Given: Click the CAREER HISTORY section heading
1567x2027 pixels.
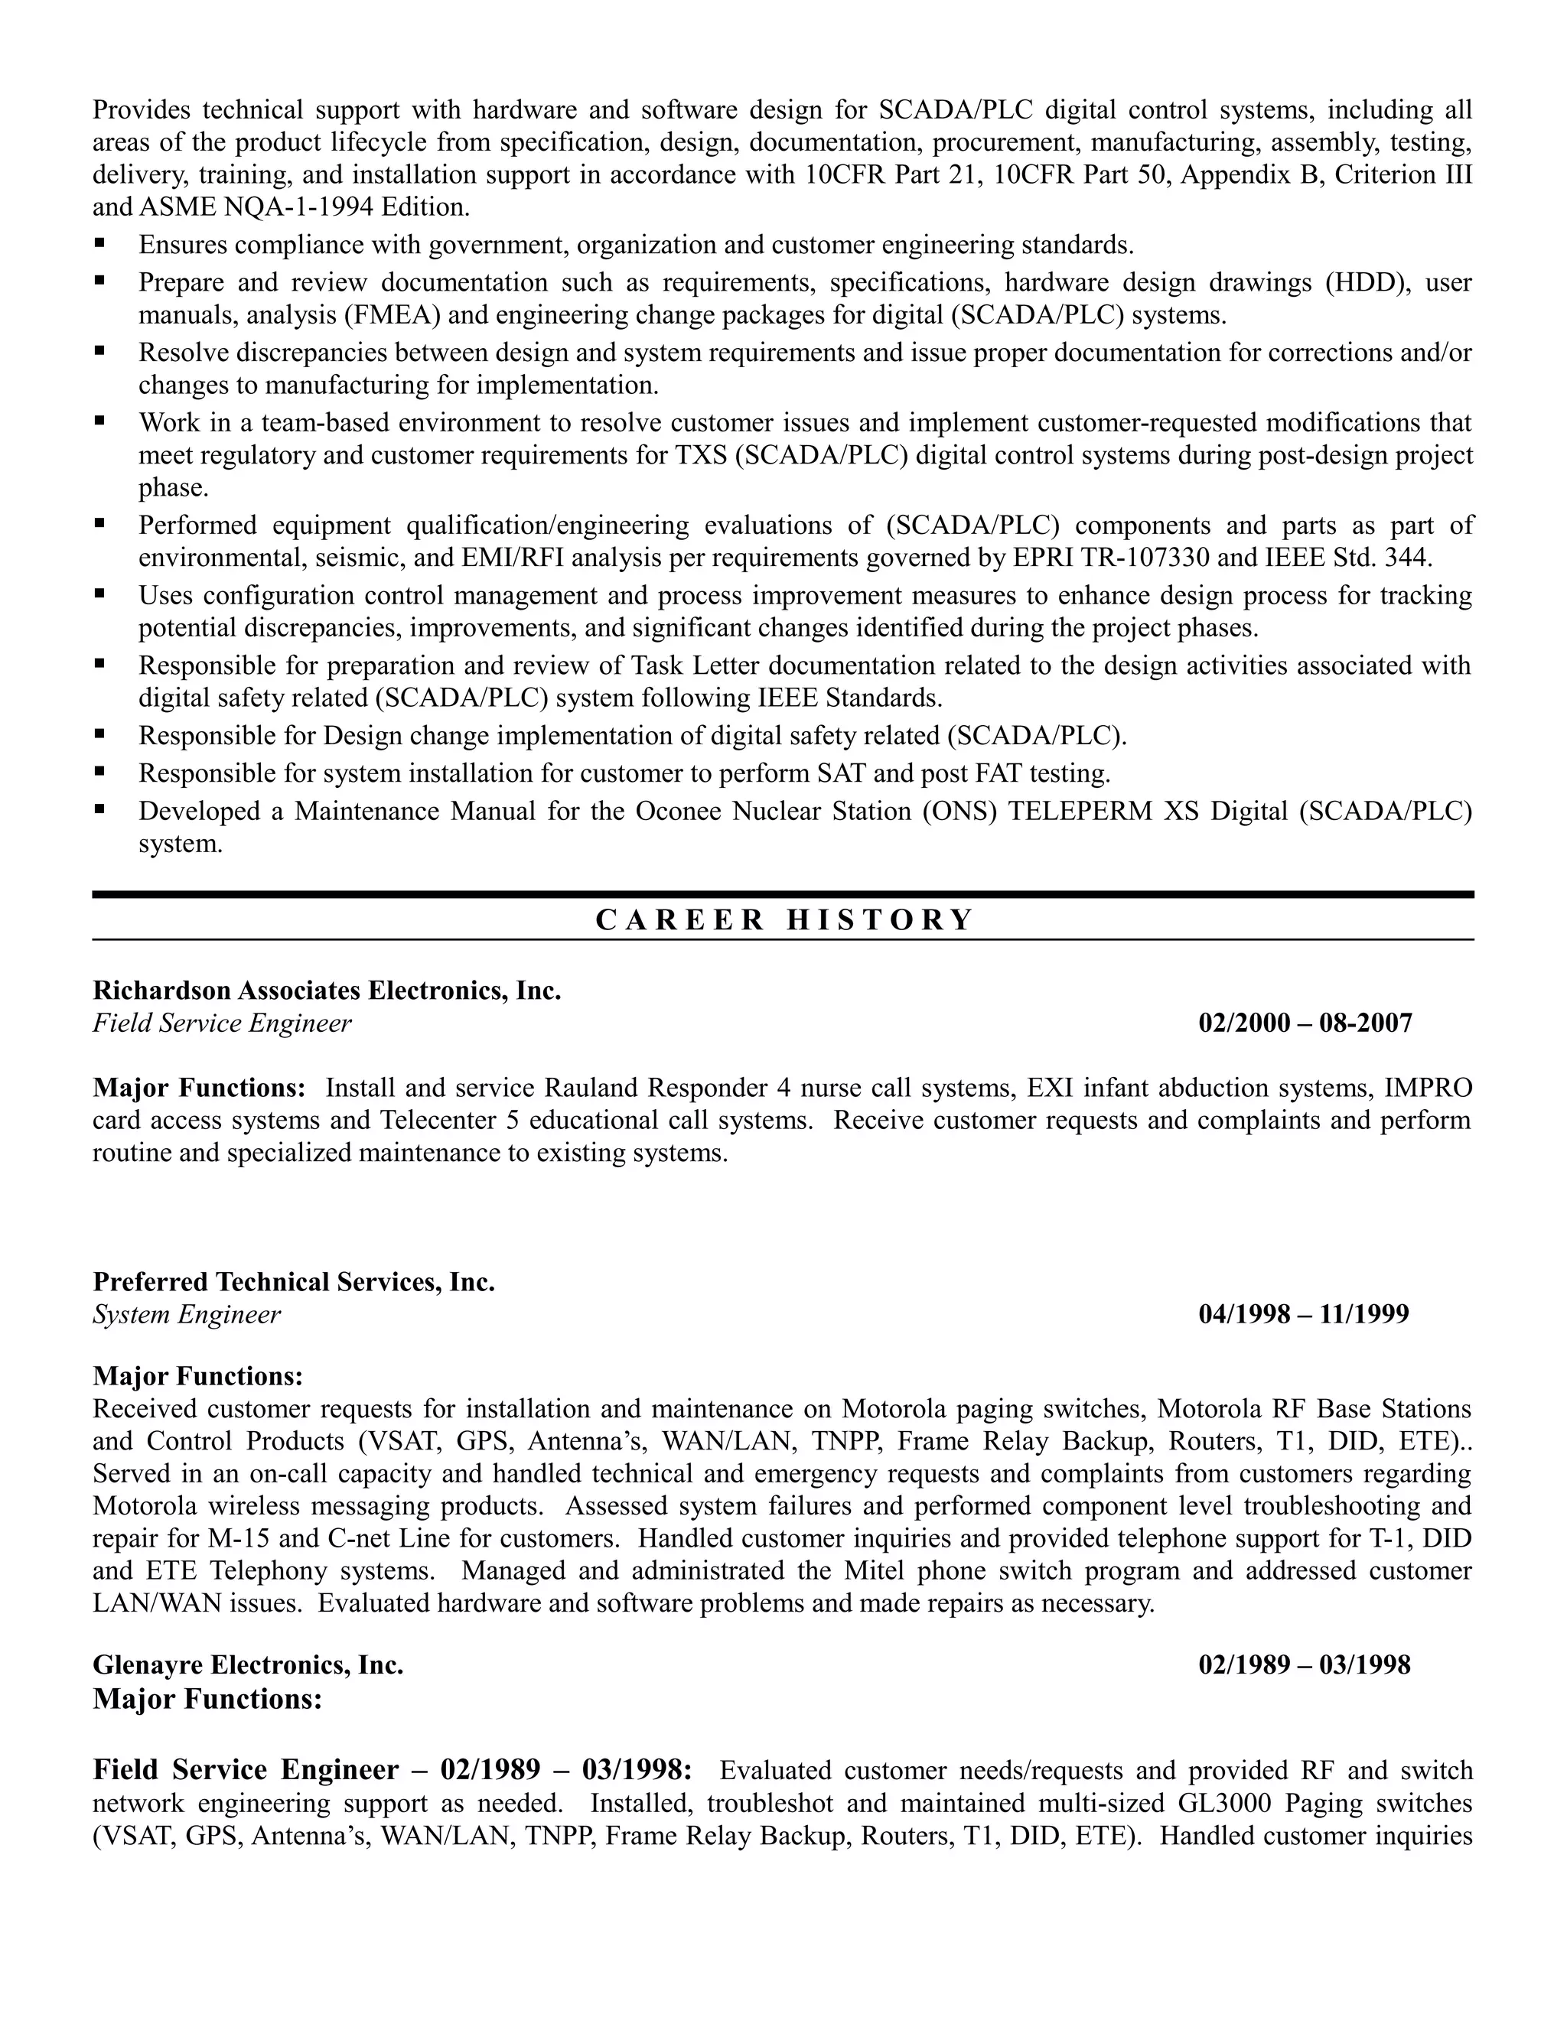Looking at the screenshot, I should click(x=783, y=919).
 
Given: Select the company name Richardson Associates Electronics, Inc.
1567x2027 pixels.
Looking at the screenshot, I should click(x=327, y=991).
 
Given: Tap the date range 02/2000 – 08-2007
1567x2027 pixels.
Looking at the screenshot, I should click(x=1305, y=1023).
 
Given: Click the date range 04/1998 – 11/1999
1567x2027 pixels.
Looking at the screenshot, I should click(x=1303, y=1314).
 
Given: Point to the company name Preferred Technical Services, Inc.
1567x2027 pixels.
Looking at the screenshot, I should click(x=293, y=1282).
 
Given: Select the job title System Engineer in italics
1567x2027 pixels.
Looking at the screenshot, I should click(x=186, y=1314).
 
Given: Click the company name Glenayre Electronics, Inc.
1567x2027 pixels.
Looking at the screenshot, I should click(x=248, y=1665).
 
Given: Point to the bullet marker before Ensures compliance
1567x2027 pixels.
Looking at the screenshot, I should click(x=99, y=244).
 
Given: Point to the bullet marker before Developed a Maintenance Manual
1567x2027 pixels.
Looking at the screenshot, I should click(x=99, y=810).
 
